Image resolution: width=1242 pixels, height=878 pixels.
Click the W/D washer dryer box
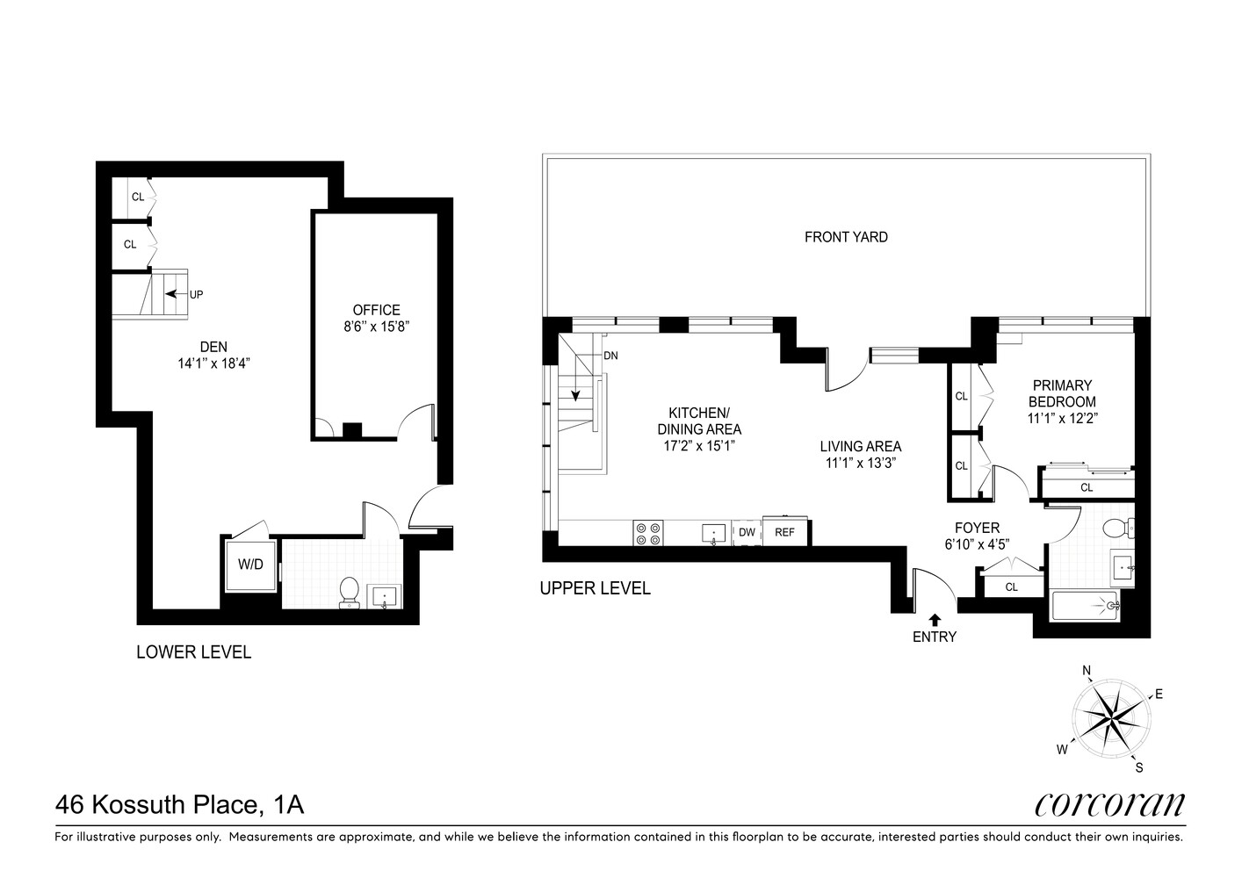[x=250, y=565]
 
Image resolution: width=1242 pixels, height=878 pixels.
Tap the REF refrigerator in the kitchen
[x=784, y=532]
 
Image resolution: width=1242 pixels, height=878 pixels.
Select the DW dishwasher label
[x=747, y=532]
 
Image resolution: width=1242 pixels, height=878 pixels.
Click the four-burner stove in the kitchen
[x=648, y=533]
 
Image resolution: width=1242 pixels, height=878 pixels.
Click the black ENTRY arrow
[x=934, y=618]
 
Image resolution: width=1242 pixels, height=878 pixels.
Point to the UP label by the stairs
[x=196, y=295]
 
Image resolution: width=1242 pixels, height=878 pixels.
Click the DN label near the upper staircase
[x=611, y=356]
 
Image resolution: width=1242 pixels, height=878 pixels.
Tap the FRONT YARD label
[x=846, y=237]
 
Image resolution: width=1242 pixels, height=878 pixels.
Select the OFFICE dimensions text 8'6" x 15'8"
[x=376, y=327]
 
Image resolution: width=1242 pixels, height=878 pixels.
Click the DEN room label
[x=213, y=348]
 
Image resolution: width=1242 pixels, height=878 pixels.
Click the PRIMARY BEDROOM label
[x=1062, y=393]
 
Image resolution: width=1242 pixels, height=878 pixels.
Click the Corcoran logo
[x=1109, y=803]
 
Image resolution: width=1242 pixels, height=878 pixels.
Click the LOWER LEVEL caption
[x=193, y=652]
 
